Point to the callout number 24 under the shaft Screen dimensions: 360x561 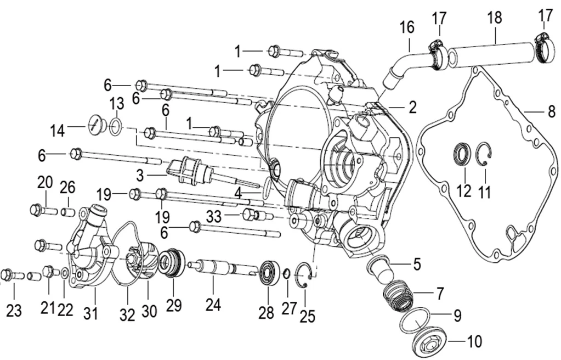tap(213, 305)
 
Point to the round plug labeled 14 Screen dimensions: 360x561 tap(95, 125)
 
